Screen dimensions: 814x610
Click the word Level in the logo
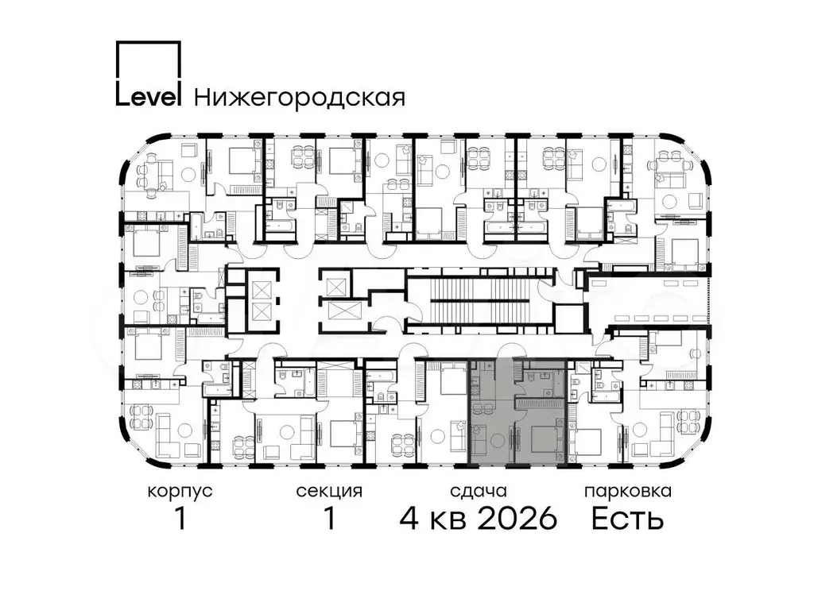click(148, 98)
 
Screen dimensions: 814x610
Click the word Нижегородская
click(300, 98)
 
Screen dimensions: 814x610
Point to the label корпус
click(180, 491)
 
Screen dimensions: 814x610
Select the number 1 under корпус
click(180, 518)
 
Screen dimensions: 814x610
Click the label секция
click(329, 491)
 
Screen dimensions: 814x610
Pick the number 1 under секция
click(329, 518)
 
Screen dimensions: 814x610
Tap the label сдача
click(478, 491)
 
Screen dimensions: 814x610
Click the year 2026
click(517, 518)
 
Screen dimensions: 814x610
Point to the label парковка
click(628, 491)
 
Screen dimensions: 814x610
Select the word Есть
click(628, 518)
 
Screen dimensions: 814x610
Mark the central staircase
click(481, 299)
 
